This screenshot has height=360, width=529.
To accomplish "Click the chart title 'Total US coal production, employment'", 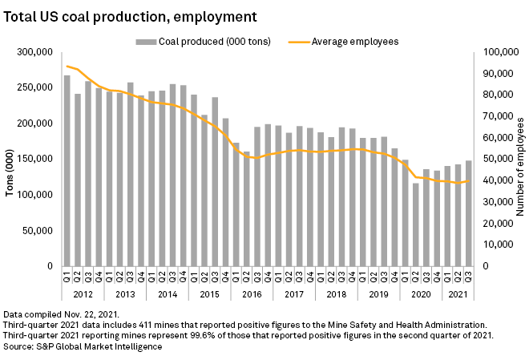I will (x=131, y=15).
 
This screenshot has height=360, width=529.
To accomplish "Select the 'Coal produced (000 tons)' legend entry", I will (x=204, y=40).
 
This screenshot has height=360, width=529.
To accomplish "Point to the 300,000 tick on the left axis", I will (x=34, y=53).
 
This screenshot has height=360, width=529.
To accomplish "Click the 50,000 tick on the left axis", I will (x=37, y=231).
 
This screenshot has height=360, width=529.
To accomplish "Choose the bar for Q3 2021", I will (x=467, y=213).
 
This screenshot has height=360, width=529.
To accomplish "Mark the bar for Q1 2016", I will (x=236, y=204).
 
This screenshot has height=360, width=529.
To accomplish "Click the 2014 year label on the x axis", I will (x=168, y=294).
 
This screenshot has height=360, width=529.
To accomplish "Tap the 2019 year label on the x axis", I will (x=379, y=294).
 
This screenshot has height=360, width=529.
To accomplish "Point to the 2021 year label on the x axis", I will (x=457, y=294).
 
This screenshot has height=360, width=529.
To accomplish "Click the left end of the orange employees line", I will (x=67, y=67).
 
